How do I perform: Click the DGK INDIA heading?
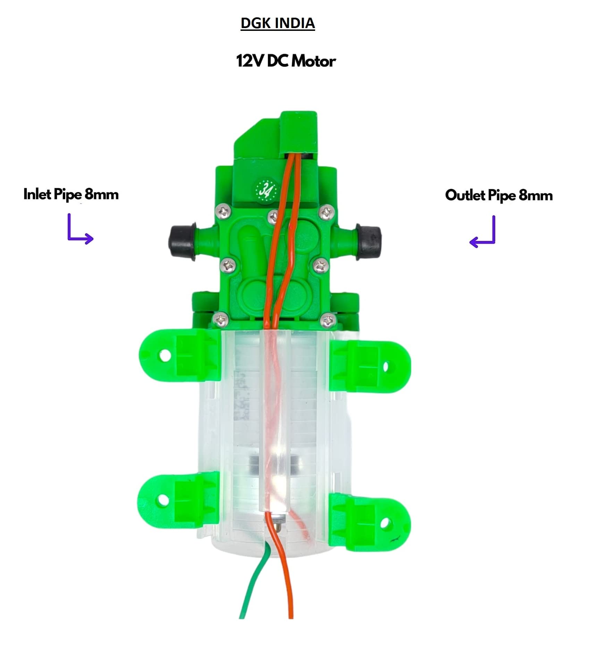pos(278,23)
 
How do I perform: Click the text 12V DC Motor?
pos(286,61)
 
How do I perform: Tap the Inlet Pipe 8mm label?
pos(71,194)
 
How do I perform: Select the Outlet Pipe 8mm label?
pos(499,195)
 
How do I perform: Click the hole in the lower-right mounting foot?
pos(385,523)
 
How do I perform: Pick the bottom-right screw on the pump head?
pos(328,321)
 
